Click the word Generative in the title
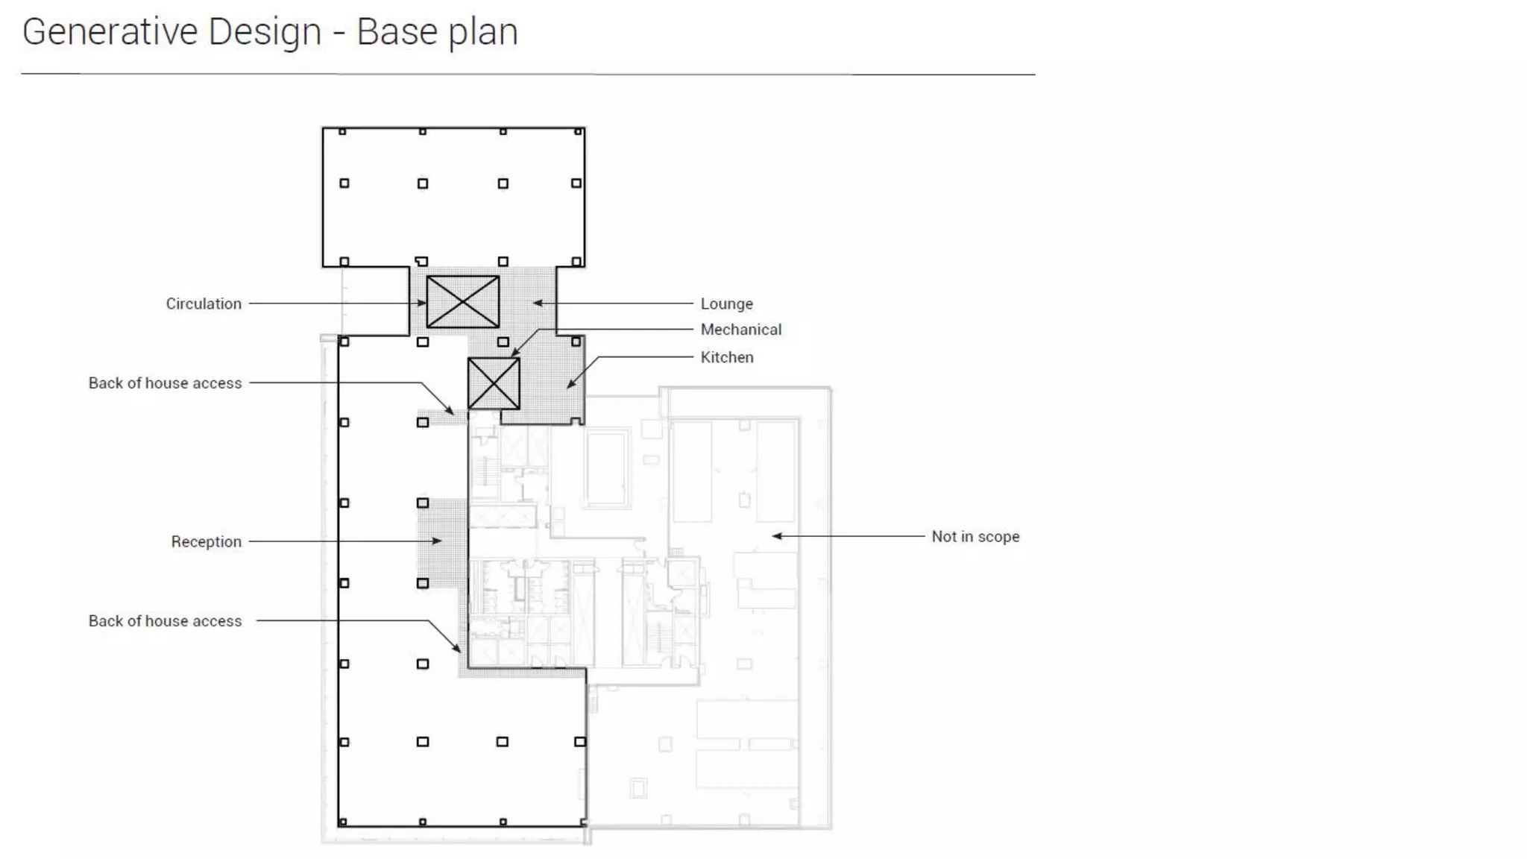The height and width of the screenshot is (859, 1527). [x=110, y=32]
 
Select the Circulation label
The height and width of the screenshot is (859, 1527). [x=204, y=303]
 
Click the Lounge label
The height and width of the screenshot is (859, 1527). [x=726, y=303]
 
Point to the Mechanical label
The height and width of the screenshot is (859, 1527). [x=740, y=330]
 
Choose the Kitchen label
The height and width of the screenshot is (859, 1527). [x=726, y=357]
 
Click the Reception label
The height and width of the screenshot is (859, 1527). [x=206, y=541]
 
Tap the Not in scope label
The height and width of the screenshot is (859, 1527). [x=975, y=536]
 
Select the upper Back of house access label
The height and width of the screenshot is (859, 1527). [x=165, y=383]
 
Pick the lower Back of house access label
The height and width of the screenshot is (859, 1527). [x=165, y=621]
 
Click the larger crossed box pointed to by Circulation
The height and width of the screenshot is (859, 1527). [x=462, y=302]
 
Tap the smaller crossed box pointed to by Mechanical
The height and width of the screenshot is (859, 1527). [x=494, y=383]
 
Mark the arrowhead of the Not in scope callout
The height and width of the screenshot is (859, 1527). [x=776, y=536]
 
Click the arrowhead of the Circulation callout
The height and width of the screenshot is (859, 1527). [x=423, y=303]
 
